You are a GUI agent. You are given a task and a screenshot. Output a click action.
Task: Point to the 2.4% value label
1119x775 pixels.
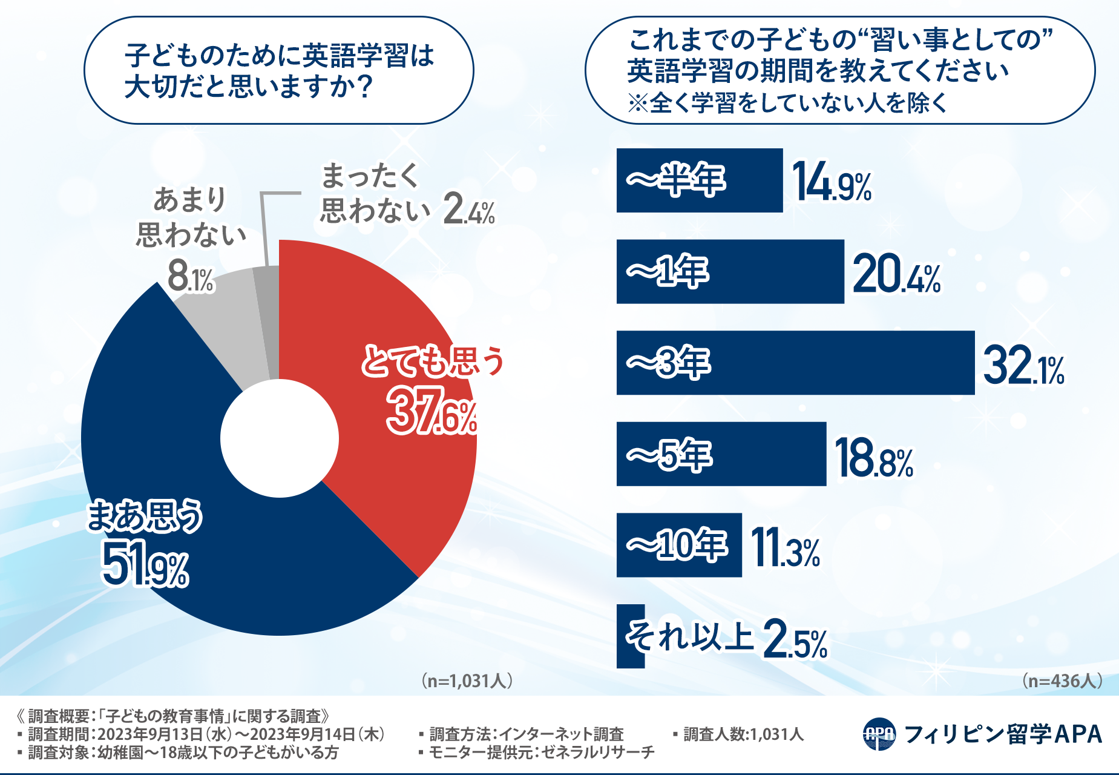[469, 211]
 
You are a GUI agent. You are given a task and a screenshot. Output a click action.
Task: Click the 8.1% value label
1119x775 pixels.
[191, 277]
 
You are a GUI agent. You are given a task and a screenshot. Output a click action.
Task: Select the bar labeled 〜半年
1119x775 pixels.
[699, 180]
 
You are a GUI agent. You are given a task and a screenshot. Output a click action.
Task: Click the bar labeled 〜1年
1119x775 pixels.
[729, 271]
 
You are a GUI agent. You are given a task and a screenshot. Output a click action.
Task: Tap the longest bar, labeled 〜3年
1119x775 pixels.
[795, 363]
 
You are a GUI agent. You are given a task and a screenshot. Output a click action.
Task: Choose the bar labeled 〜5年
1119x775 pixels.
[721, 454]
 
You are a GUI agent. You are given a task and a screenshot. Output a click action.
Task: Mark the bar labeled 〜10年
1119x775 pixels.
[678, 545]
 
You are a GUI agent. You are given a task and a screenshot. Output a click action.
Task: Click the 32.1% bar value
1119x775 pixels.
[1023, 365]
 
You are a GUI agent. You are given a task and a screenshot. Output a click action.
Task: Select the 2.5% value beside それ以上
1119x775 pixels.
[795, 640]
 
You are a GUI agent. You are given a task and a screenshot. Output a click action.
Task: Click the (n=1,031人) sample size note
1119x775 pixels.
[467, 681]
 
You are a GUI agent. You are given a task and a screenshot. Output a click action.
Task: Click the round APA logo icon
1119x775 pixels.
[879, 734]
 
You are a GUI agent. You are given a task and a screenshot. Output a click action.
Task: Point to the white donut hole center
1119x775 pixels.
[279, 438]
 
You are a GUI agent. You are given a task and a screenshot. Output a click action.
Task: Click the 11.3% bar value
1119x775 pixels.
[786, 549]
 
